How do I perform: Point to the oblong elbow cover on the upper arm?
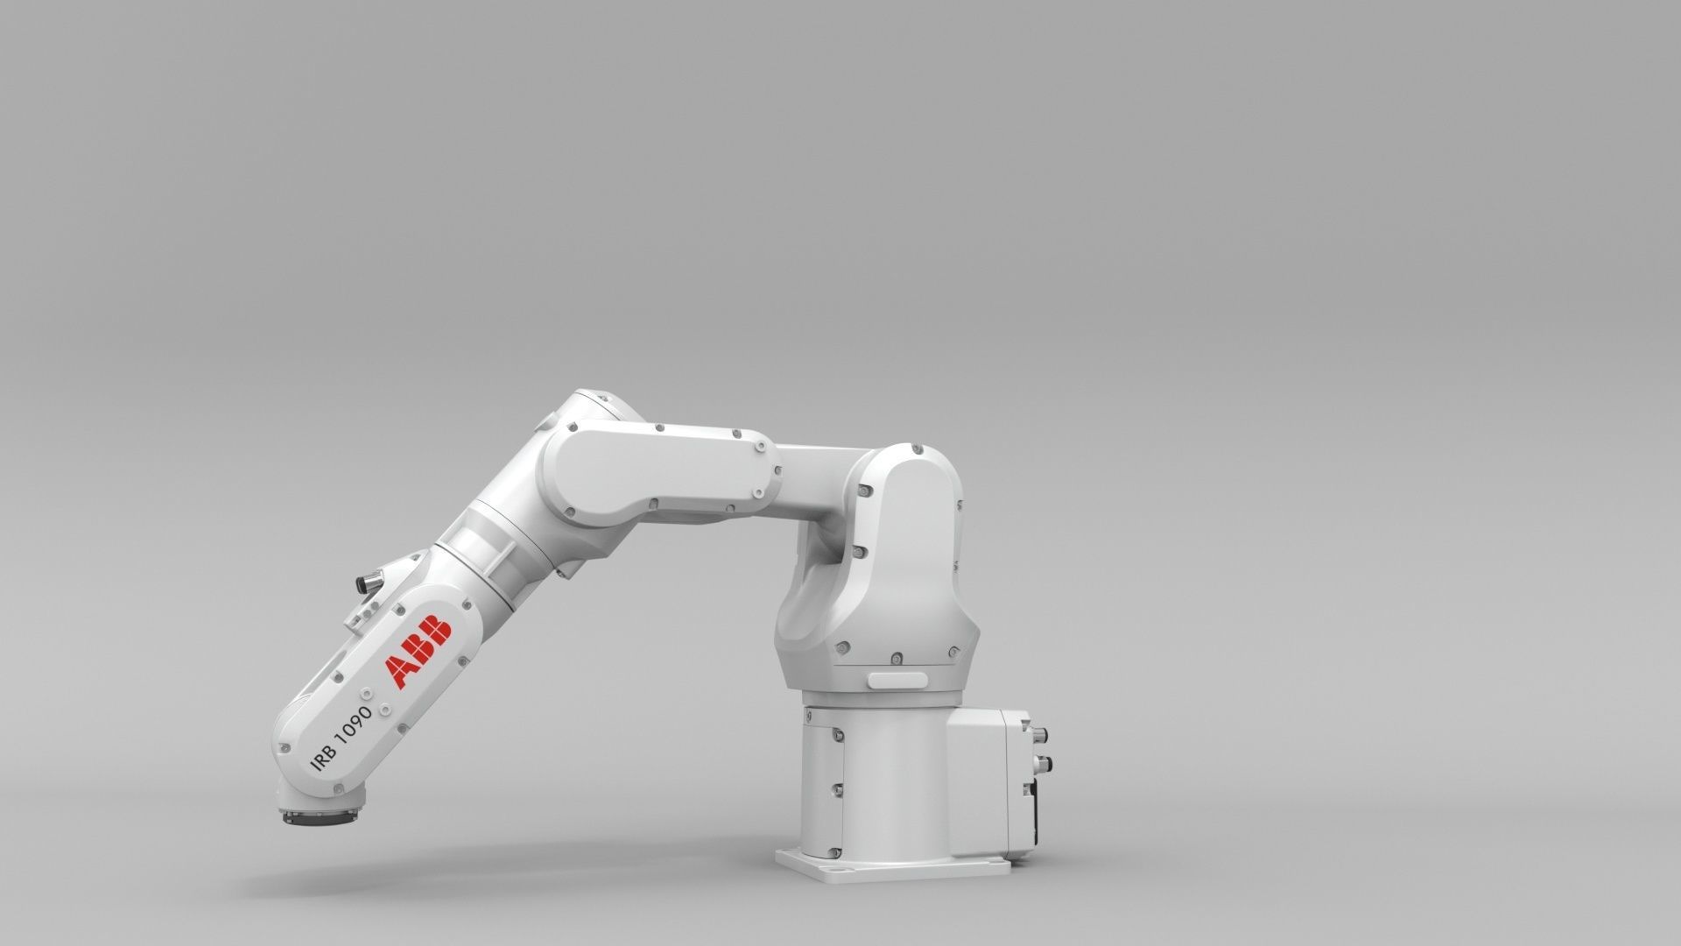658,472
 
